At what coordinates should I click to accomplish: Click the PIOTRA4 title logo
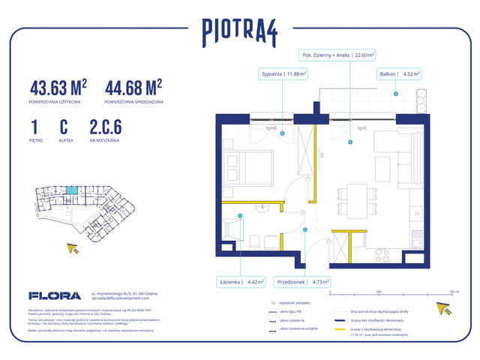[239, 31]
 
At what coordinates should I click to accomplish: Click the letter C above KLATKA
[64, 128]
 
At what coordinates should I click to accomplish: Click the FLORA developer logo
[55, 295]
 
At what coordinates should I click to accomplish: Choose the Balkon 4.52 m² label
[400, 74]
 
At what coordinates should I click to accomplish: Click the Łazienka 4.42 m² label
[243, 283]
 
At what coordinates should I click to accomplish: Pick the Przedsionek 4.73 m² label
[303, 283]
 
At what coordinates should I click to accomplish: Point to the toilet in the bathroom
[255, 241]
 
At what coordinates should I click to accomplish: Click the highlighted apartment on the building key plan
[71, 190]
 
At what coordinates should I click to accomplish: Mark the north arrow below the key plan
[73, 249]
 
